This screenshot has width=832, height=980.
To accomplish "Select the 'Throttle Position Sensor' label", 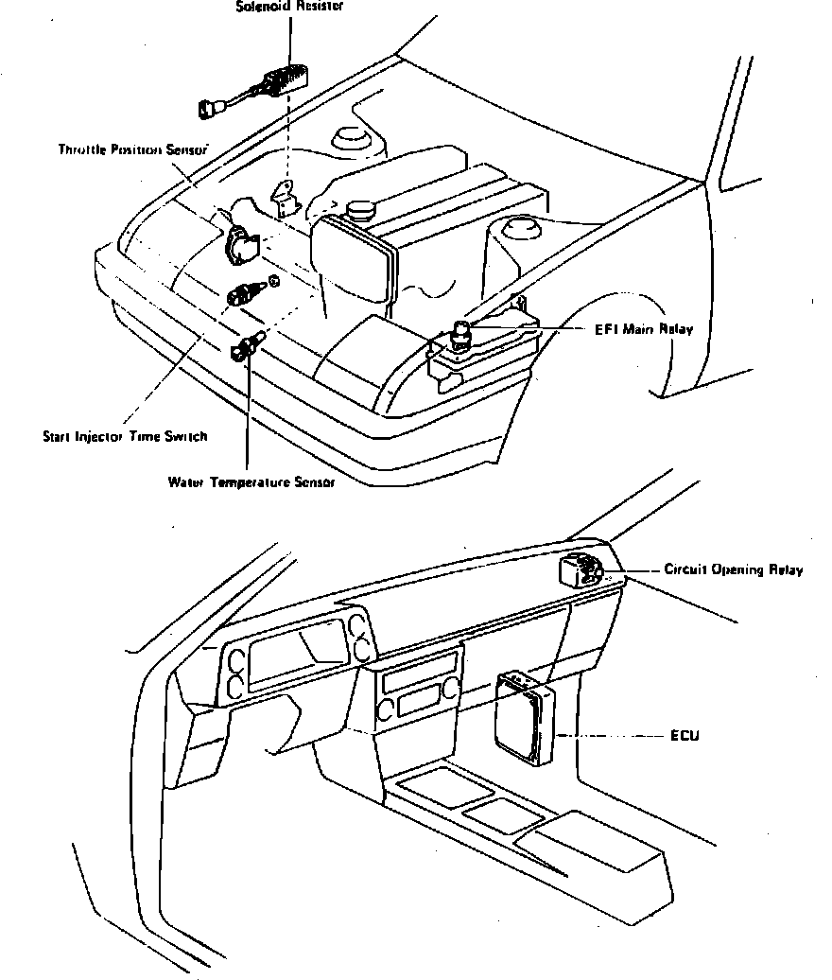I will pyautogui.click(x=132, y=149).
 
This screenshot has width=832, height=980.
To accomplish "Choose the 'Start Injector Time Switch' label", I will pyautogui.click(x=125, y=437).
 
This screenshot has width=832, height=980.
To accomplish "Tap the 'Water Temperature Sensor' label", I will pyautogui.click(x=251, y=481).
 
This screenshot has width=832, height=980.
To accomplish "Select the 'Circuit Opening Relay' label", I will pyautogui.click(x=734, y=570).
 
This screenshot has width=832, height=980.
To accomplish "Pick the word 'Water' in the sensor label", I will pyautogui.click(x=186, y=481).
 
